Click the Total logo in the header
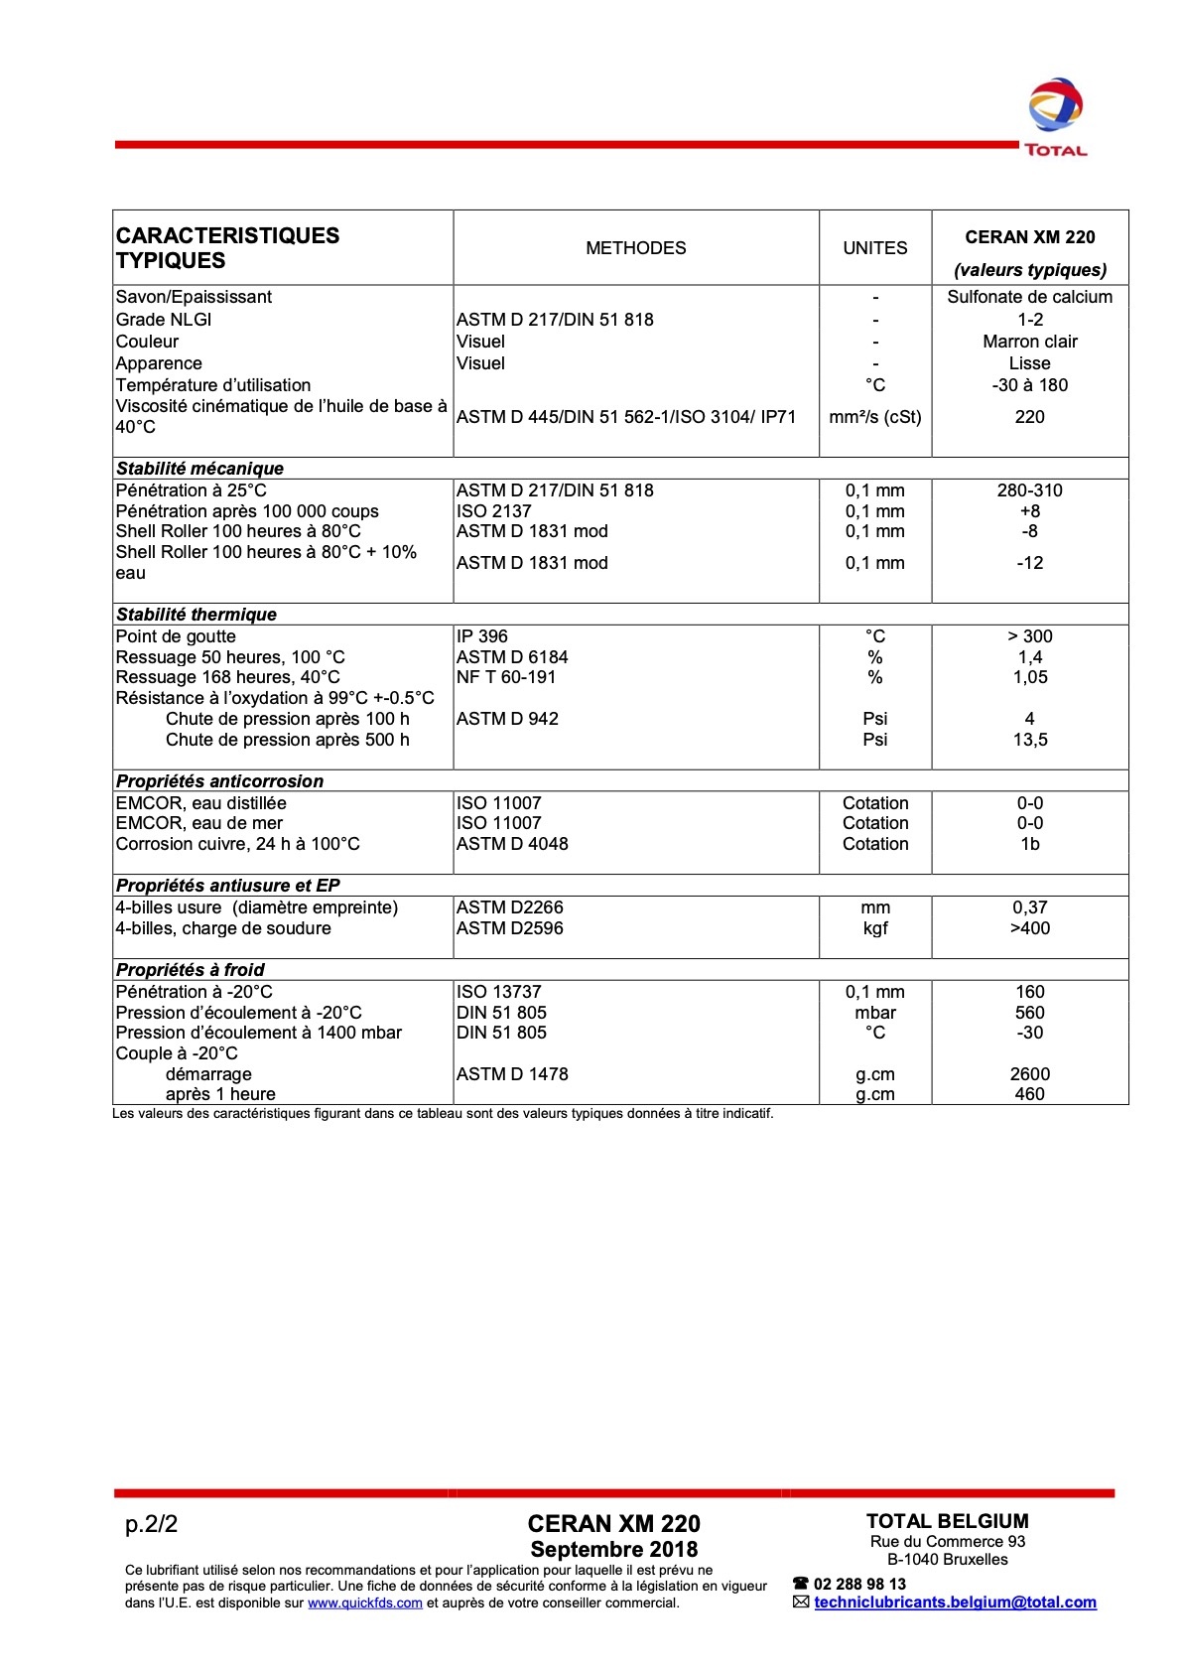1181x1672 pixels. (x=1055, y=117)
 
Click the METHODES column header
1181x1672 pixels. (x=635, y=248)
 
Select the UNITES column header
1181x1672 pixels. (x=874, y=248)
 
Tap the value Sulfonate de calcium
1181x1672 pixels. (x=1029, y=297)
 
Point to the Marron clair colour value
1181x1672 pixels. (x=1029, y=342)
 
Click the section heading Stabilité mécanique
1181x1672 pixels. (x=200, y=469)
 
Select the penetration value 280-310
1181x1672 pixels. (x=1029, y=490)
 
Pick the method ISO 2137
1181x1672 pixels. (x=493, y=511)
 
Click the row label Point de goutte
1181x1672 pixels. (x=176, y=636)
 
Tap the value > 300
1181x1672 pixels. (x=1029, y=636)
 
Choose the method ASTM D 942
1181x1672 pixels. (x=507, y=719)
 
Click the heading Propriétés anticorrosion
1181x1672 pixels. (x=219, y=781)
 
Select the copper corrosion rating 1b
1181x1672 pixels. (x=1029, y=844)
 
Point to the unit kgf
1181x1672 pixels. (x=874, y=928)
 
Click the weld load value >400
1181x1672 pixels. (x=1029, y=928)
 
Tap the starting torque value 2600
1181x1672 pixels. (x=1029, y=1074)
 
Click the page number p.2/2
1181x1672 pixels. (x=151, y=1524)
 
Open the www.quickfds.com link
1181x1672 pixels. (x=364, y=1602)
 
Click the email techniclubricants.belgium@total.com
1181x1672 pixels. (x=955, y=1602)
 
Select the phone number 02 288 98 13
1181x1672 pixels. (x=859, y=1584)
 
